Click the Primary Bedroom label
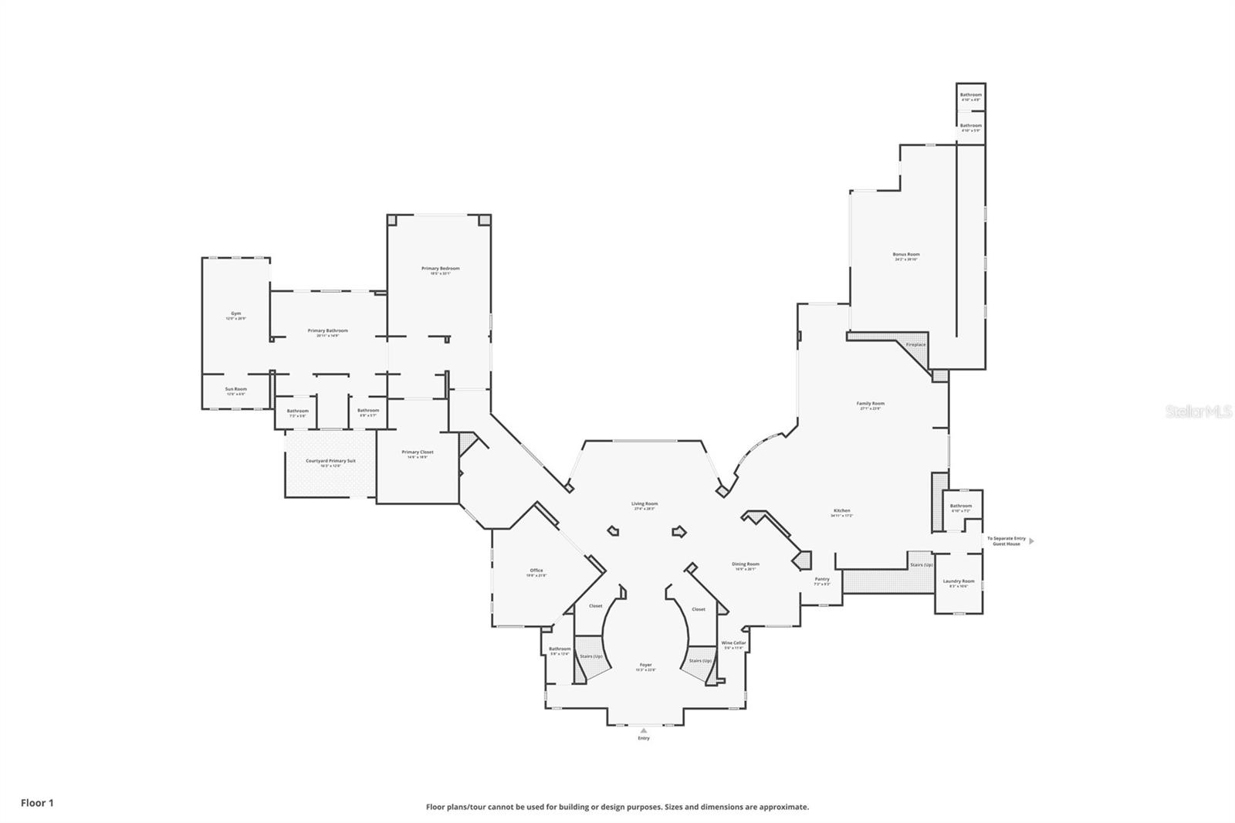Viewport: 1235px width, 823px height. tap(440, 269)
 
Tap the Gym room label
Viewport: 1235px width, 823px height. tap(235, 313)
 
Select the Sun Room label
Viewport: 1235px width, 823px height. tap(235, 389)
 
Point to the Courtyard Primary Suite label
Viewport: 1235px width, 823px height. tap(330, 461)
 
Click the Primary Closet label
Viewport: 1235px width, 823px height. tap(417, 452)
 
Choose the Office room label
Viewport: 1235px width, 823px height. tap(536, 571)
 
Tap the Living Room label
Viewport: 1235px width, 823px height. tap(644, 504)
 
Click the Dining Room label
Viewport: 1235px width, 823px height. tap(746, 564)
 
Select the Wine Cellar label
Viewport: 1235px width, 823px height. tap(733, 643)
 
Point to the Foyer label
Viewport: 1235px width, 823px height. tap(645, 665)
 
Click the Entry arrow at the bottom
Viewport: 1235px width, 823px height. tap(644, 730)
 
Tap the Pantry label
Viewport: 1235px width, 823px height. tap(822, 579)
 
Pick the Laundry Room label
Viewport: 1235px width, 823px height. tap(958, 581)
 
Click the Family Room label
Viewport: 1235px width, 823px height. tap(870, 403)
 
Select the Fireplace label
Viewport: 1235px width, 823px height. tap(915, 344)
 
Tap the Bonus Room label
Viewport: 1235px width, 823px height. tap(906, 254)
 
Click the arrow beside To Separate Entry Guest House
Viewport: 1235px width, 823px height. tap(1032, 541)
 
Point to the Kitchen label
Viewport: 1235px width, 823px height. tap(841, 510)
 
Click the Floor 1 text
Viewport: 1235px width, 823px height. tap(37, 803)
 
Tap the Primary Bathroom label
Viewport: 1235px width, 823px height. tap(327, 330)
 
